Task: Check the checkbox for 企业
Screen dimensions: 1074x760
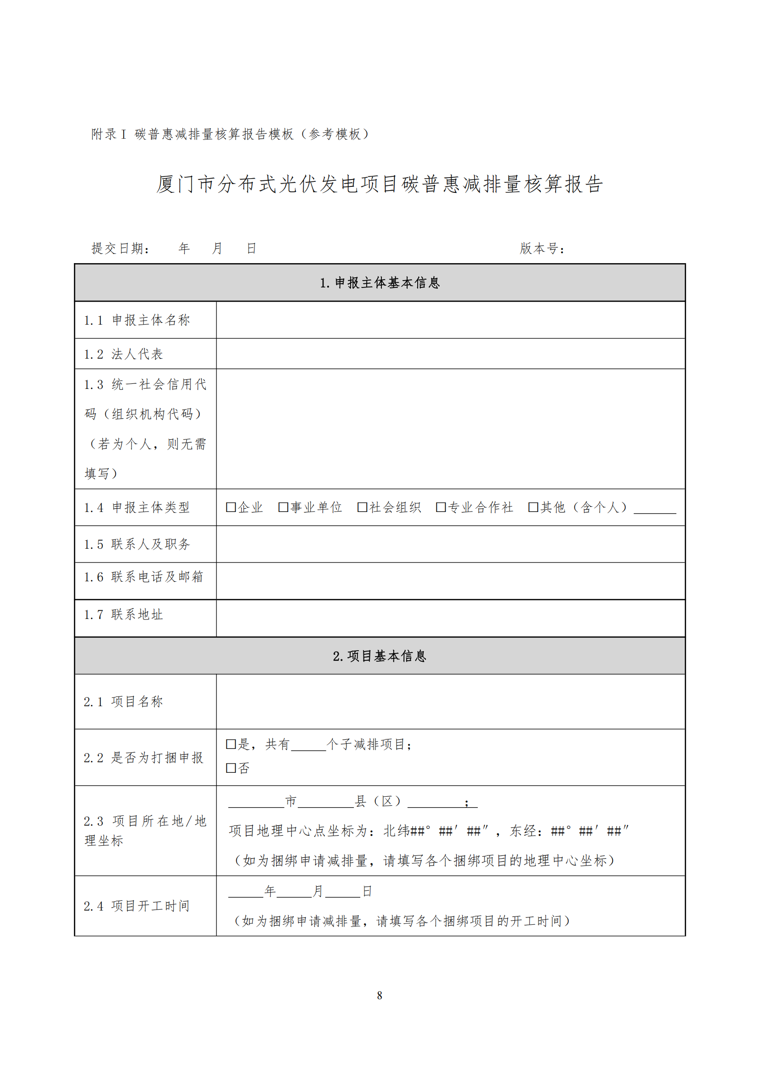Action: click(231, 507)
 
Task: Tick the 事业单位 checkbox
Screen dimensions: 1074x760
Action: click(283, 507)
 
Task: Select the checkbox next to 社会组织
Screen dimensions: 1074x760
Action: click(362, 507)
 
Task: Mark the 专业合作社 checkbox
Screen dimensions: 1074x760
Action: click(440, 507)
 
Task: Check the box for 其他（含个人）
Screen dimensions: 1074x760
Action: click(533, 507)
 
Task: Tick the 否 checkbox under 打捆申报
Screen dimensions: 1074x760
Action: click(231, 768)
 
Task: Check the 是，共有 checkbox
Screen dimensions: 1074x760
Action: click(231, 744)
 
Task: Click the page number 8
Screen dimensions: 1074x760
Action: click(380, 995)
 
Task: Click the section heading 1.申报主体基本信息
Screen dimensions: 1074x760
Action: click(380, 282)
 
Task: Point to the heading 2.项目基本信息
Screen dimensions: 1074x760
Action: click(380, 656)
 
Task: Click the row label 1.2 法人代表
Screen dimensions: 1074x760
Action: click(124, 354)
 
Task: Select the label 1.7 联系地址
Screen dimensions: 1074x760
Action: click(124, 615)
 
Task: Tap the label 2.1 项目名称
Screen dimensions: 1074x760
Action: click(124, 702)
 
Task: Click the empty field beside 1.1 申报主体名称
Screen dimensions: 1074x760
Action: click(450, 320)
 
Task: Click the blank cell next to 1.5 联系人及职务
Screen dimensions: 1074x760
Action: click(450, 544)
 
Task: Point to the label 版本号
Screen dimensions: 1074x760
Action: click(542, 248)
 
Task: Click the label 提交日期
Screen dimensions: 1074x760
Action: click(120, 248)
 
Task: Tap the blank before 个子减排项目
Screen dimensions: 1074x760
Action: click(308, 746)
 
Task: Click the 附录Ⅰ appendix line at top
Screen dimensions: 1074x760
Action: click(230, 134)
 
